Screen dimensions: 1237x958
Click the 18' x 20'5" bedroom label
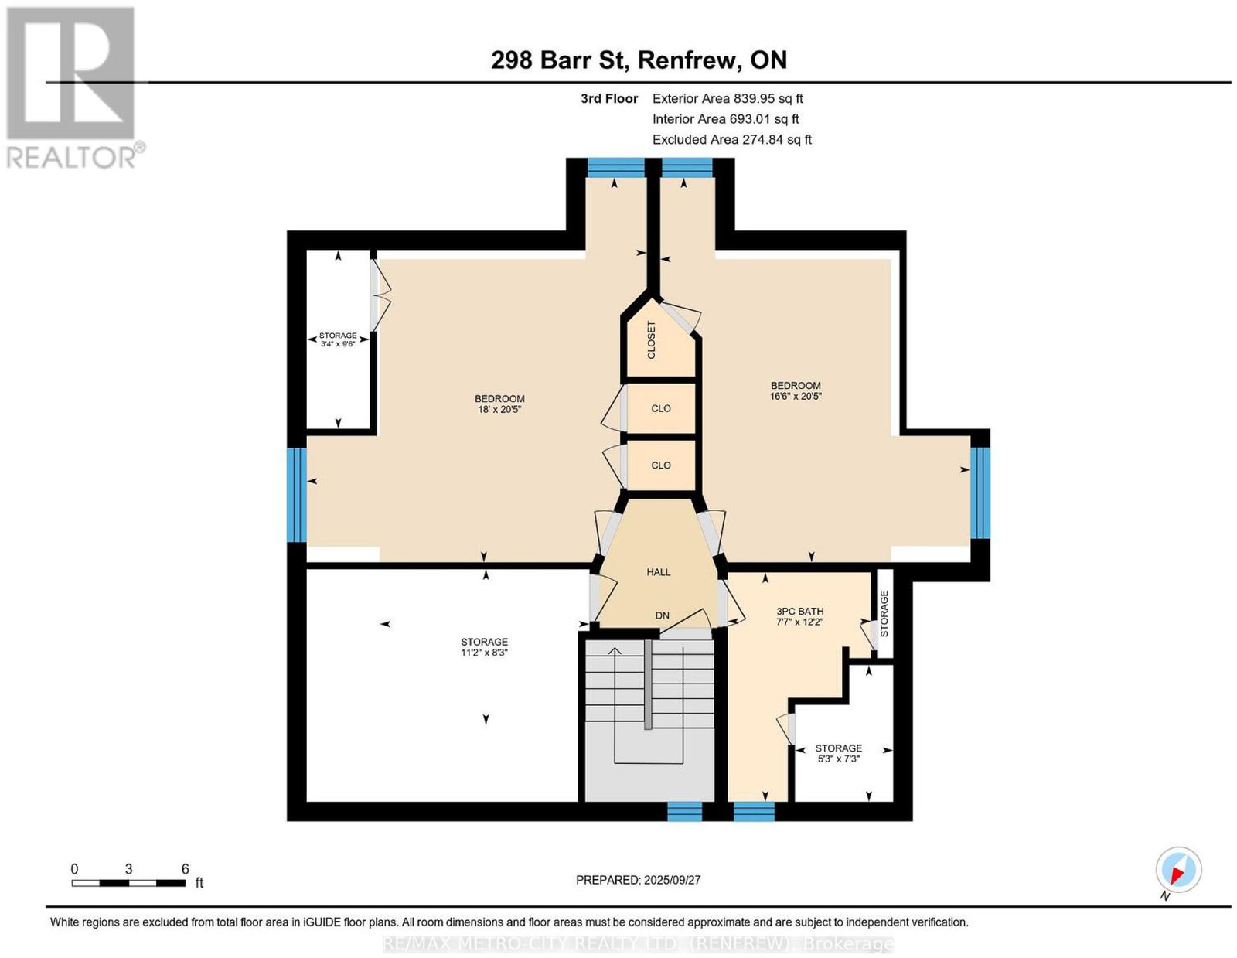coord(499,404)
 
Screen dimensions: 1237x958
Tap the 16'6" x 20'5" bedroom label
coord(796,390)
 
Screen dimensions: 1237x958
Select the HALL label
coord(658,572)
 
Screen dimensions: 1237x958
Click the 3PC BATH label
coord(800,616)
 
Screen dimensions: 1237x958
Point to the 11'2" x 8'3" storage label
coord(484,646)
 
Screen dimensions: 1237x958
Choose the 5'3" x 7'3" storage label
coord(839,753)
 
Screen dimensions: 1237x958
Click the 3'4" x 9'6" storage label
coord(338,340)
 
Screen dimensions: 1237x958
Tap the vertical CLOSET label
coord(651,340)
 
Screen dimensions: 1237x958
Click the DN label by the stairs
coord(662,615)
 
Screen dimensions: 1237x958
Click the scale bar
coord(128,883)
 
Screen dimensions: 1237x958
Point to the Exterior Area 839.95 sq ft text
coord(728,98)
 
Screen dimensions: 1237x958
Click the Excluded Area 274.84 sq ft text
coord(732,139)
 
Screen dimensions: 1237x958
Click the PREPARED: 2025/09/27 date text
coord(638,880)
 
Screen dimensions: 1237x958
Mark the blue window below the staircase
coord(684,811)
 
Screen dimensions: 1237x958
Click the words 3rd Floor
coord(609,98)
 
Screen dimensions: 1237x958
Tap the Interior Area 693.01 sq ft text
coord(726,119)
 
